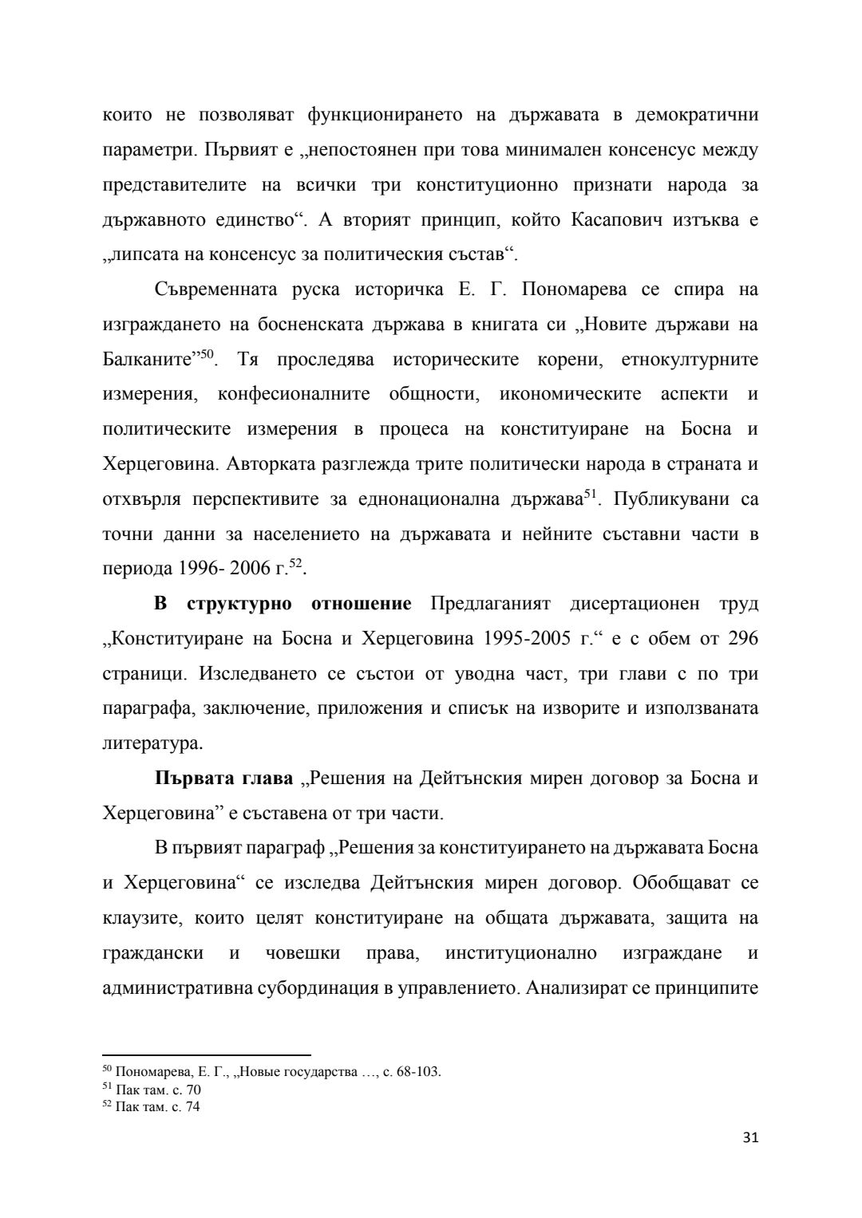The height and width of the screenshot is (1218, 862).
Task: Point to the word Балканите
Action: point(147,359)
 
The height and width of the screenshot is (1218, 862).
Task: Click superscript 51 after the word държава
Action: point(591,495)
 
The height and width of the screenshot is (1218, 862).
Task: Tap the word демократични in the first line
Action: point(697,114)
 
